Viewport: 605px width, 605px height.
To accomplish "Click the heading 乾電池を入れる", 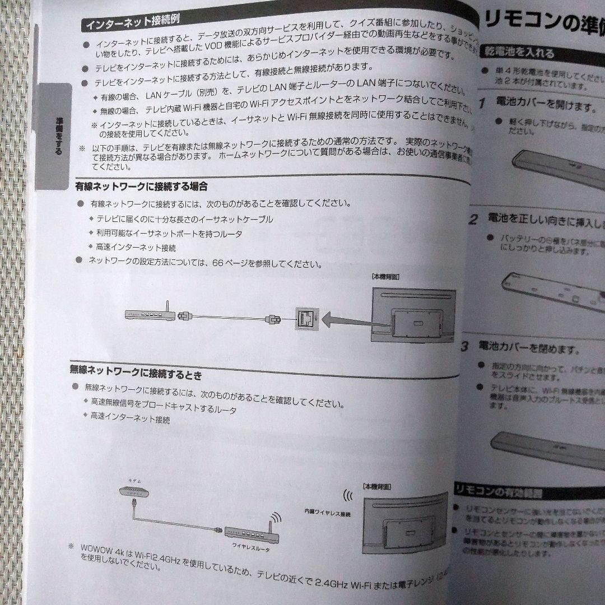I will pyautogui.click(x=519, y=53).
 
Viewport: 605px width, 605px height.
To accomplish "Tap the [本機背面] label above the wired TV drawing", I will pyautogui.click(x=385, y=276).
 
